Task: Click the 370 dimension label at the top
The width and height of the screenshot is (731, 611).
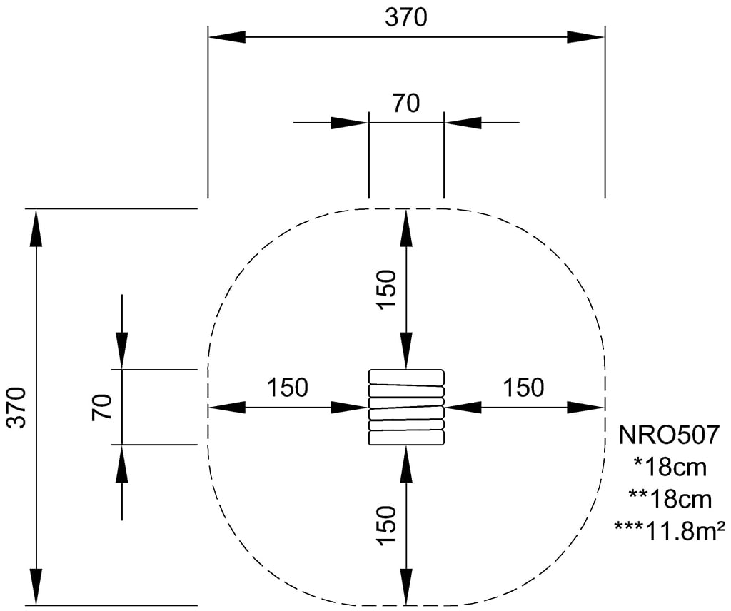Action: coord(405,17)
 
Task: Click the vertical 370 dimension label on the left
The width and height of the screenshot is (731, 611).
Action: coord(18,407)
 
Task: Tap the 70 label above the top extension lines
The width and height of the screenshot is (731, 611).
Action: coord(406,103)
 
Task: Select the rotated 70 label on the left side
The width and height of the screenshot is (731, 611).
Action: coord(102,407)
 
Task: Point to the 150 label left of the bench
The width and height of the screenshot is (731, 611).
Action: coord(287,388)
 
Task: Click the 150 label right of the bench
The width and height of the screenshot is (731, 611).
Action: coord(523,388)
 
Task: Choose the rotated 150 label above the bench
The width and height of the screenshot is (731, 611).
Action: coord(386,289)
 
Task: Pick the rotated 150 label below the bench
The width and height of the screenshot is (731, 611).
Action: coord(386,525)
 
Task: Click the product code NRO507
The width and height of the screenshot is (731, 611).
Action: coord(669,435)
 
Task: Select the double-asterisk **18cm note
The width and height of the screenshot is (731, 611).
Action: coord(670,499)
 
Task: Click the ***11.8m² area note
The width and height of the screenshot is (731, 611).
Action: coord(670,531)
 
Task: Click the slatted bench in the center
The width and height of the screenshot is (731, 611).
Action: coord(406,408)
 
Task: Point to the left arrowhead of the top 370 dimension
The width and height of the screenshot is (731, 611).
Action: coord(227,37)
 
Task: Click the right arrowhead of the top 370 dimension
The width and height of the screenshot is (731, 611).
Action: coord(586,37)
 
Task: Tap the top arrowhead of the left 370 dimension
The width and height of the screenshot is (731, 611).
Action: coord(36,228)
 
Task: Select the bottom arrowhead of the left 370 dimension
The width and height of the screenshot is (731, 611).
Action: coord(36,587)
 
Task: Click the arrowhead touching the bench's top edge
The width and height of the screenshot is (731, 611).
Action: coord(406,351)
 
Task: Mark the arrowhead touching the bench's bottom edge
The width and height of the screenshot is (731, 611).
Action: coord(406,464)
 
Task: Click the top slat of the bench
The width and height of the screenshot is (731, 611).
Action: coord(406,375)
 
